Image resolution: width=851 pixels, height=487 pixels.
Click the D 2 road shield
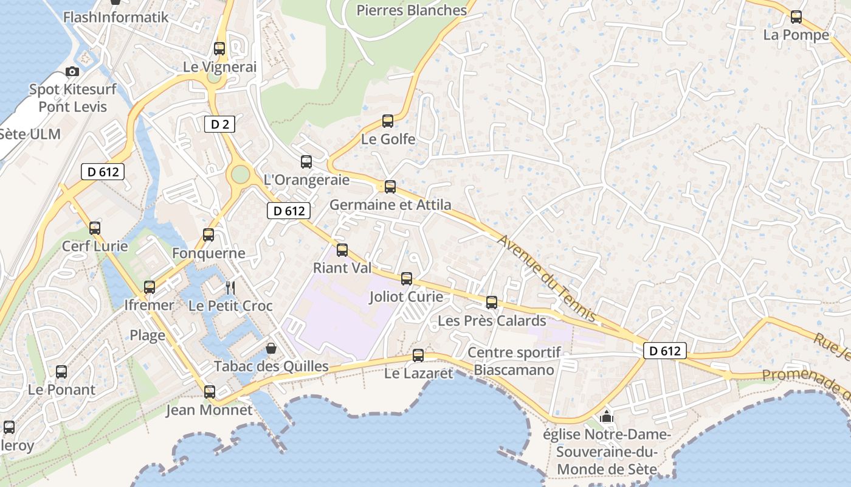click(219, 125)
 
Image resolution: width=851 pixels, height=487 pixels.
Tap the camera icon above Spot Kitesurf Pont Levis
click(72, 72)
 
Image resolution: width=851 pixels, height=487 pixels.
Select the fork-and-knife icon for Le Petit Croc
click(230, 287)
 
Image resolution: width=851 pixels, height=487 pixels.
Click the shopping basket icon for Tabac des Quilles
click(271, 348)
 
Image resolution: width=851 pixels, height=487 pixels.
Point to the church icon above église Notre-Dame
click(606, 417)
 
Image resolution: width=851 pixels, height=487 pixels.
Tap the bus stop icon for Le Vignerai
click(219, 49)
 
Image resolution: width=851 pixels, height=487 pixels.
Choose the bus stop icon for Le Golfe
click(388, 121)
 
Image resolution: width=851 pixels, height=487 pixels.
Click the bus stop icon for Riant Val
click(342, 250)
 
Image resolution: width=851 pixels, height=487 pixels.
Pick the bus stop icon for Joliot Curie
click(407, 279)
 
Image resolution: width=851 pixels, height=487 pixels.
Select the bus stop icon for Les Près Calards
click(492, 302)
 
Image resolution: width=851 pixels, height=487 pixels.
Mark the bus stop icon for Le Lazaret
click(418, 356)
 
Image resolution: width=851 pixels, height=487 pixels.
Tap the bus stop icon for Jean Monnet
click(210, 391)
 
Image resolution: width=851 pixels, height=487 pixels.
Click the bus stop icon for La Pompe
click(796, 17)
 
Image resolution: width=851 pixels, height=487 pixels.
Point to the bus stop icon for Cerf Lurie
click(95, 228)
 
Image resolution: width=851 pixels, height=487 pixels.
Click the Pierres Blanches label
click(412, 10)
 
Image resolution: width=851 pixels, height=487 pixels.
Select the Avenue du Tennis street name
click(546, 278)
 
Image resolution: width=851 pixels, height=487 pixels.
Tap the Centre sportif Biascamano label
click(514, 361)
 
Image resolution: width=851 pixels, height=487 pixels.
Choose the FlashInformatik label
click(115, 16)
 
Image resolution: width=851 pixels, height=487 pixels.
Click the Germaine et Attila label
click(390, 205)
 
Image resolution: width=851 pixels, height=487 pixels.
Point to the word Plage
click(148, 335)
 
